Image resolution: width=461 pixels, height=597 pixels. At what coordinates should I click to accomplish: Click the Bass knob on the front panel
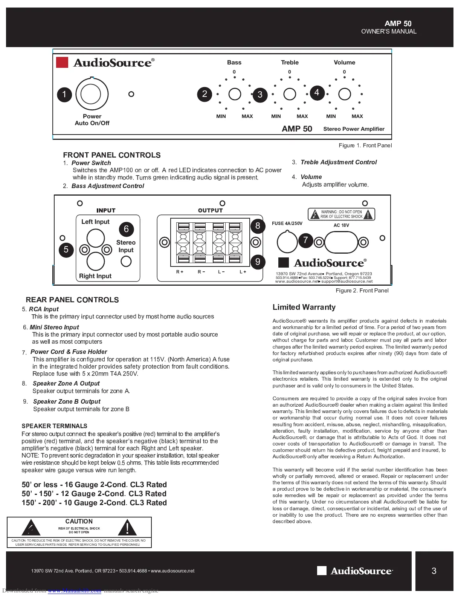(235, 94)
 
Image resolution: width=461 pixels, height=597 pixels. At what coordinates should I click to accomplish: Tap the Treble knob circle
(290, 94)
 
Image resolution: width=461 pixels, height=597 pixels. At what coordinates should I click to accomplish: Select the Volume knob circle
(345, 94)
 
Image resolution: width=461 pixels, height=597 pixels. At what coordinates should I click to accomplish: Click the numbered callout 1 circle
(64, 94)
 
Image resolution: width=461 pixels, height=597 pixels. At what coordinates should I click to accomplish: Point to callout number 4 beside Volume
(317, 93)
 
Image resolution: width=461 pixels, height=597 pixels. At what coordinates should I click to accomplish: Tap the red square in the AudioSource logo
(62, 63)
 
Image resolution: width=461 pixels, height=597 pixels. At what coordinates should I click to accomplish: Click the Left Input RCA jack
(96, 238)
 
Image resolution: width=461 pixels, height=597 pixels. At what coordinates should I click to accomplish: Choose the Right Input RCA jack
(96, 261)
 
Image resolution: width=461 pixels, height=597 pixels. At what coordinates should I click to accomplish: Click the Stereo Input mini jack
(126, 261)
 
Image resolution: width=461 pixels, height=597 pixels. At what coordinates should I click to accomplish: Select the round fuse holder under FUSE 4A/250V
(287, 242)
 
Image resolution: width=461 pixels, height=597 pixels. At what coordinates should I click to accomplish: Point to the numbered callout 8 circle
(258, 226)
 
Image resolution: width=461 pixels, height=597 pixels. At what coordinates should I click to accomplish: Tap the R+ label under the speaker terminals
(180, 272)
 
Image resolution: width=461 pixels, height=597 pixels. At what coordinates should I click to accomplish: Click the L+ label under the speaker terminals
(243, 272)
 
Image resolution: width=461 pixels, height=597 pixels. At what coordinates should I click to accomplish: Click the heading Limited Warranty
(304, 307)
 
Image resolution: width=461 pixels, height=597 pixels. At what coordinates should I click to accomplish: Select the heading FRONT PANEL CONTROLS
(112, 155)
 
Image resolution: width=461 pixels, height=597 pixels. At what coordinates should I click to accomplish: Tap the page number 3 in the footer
(434, 571)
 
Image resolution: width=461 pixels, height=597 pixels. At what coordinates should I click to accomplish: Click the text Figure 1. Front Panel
(365, 145)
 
